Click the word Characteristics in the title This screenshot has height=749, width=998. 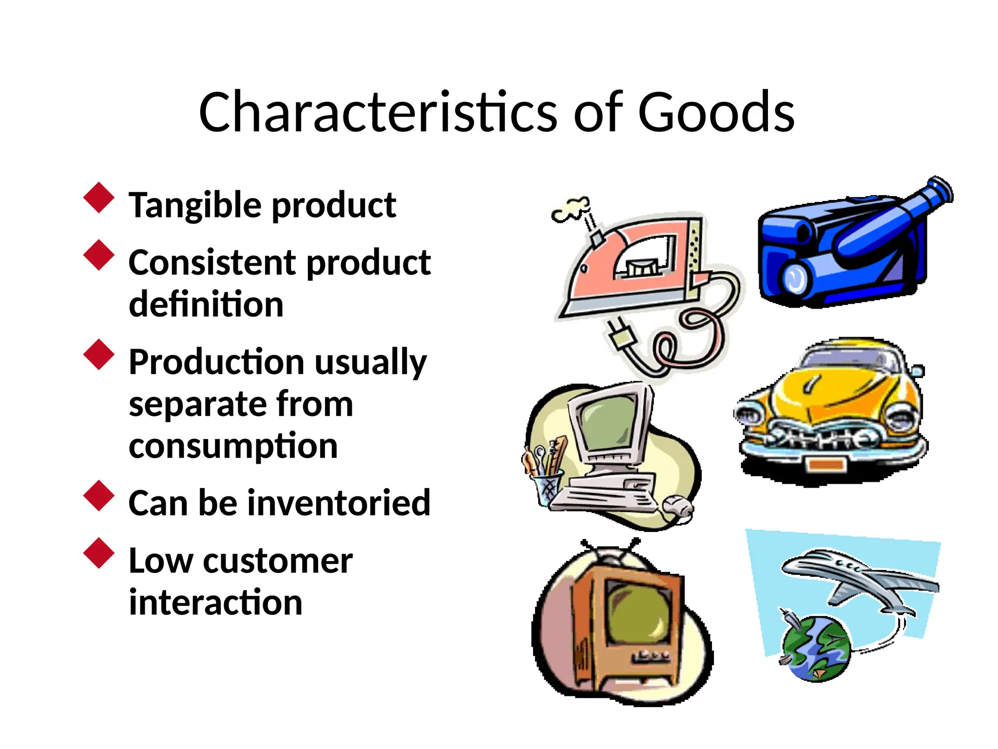(378, 112)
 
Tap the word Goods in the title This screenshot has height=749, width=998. (716, 112)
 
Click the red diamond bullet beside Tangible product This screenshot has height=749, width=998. (99, 197)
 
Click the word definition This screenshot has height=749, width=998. (206, 304)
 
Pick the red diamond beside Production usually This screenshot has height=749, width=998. (99, 355)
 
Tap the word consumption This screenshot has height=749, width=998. (233, 445)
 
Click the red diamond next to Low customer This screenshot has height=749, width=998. (99, 553)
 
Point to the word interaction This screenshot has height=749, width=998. (215, 602)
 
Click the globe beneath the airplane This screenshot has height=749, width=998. (816, 649)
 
